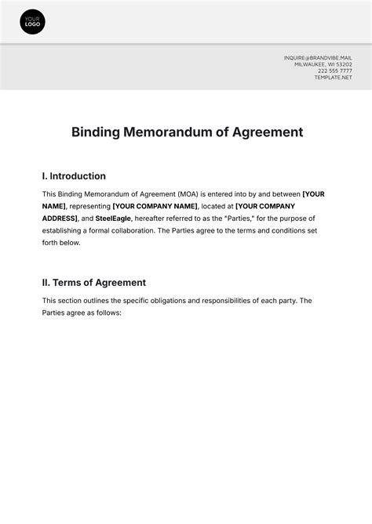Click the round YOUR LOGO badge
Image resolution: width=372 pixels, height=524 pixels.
tap(32, 22)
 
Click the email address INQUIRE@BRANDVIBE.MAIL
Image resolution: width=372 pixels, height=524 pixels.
tap(318, 57)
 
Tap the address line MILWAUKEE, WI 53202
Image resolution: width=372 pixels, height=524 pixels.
tap(323, 64)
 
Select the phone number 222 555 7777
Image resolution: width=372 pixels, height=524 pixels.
tap(335, 71)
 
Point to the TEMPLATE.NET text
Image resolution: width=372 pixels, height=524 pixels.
tap(334, 78)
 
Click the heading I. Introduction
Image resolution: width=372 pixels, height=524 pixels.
tap(74, 176)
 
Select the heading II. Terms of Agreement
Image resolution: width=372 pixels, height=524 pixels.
tap(93, 283)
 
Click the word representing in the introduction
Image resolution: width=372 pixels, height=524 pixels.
tap(89, 206)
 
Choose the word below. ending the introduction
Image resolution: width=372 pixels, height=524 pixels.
tap(68, 243)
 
